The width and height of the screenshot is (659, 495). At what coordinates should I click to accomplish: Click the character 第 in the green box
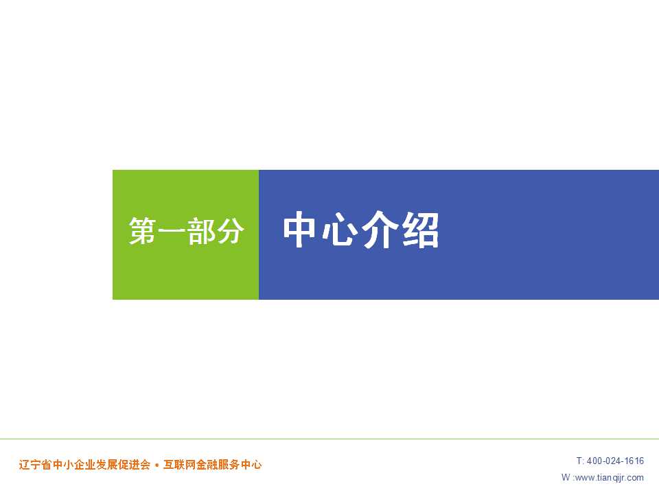(x=143, y=231)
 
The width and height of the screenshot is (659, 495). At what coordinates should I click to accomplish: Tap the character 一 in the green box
(x=172, y=231)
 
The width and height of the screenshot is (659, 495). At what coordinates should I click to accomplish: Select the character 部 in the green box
(x=201, y=231)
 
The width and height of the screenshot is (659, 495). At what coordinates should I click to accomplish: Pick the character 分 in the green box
(x=229, y=231)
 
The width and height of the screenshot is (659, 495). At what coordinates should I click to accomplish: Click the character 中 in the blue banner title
(x=299, y=230)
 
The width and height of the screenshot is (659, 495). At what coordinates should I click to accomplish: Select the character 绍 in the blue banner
(x=420, y=230)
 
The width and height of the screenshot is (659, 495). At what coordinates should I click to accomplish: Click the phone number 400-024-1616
(x=615, y=461)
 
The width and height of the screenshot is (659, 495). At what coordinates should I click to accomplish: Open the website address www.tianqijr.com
(x=610, y=477)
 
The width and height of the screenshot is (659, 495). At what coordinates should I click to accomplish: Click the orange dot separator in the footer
(x=157, y=465)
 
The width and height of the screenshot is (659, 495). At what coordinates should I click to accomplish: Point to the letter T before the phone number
(x=579, y=461)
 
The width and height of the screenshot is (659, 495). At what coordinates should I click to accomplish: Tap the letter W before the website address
(x=566, y=477)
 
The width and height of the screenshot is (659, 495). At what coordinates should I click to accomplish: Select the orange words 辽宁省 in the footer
(x=35, y=465)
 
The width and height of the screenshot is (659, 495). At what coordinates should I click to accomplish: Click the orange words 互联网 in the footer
(x=179, y=465)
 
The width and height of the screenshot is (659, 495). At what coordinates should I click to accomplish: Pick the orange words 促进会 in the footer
(x=134, y=465)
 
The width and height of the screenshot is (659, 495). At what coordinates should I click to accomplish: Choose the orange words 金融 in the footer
(x=207, y=465)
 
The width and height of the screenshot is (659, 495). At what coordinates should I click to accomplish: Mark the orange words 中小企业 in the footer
(x=74, y=465)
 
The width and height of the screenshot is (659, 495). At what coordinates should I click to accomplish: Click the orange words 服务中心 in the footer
(x=240, y=465)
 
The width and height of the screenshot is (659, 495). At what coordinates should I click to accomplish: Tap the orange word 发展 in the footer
(x=107, y=465)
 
